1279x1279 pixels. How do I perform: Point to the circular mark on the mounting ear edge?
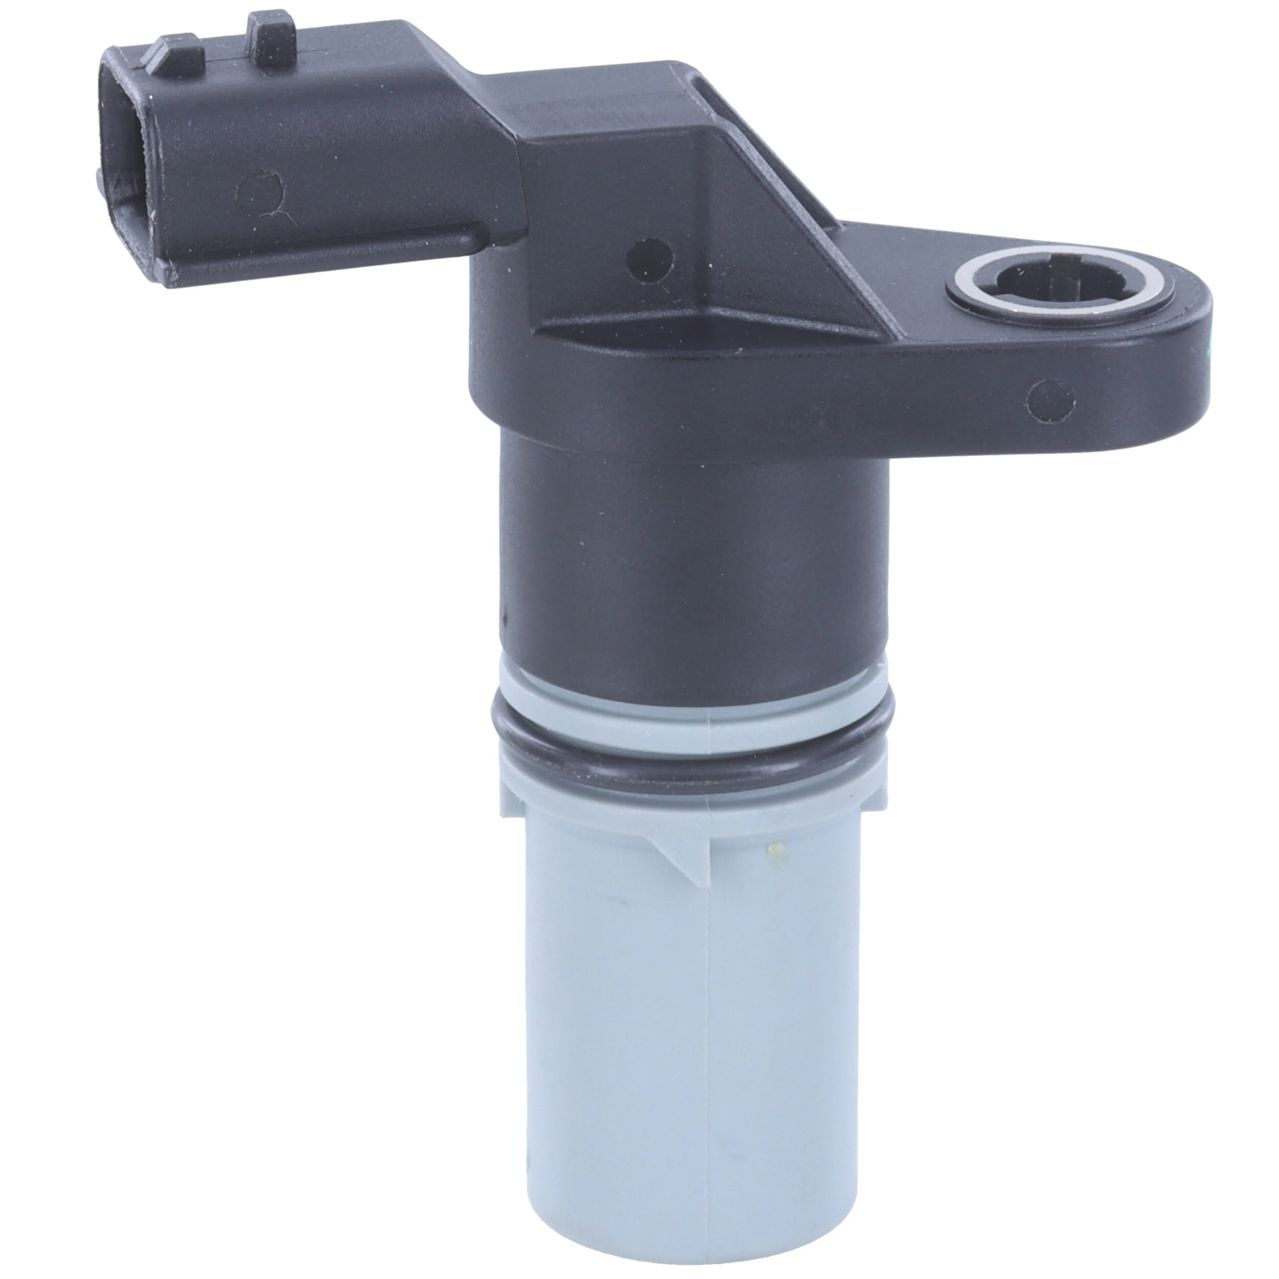point(1051,400)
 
